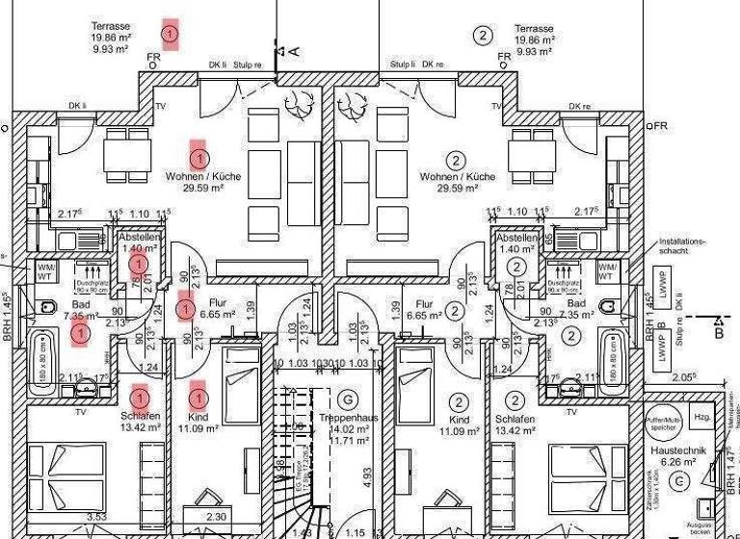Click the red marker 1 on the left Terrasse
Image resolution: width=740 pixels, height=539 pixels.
point(171,34)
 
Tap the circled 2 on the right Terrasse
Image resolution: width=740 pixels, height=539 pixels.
point(483,36)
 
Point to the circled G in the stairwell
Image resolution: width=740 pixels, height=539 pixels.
point(348,398)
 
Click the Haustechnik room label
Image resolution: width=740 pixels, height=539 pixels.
point(680,449)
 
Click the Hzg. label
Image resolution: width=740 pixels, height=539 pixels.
point(702,416)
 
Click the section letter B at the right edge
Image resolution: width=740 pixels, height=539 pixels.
point(718,334)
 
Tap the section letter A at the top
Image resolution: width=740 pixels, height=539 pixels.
point(294,50)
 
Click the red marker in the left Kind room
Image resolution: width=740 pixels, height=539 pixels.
point(198,394)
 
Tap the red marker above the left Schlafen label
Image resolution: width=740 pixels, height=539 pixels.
point(140,396)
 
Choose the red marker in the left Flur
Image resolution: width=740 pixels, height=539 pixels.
point(185,310)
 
